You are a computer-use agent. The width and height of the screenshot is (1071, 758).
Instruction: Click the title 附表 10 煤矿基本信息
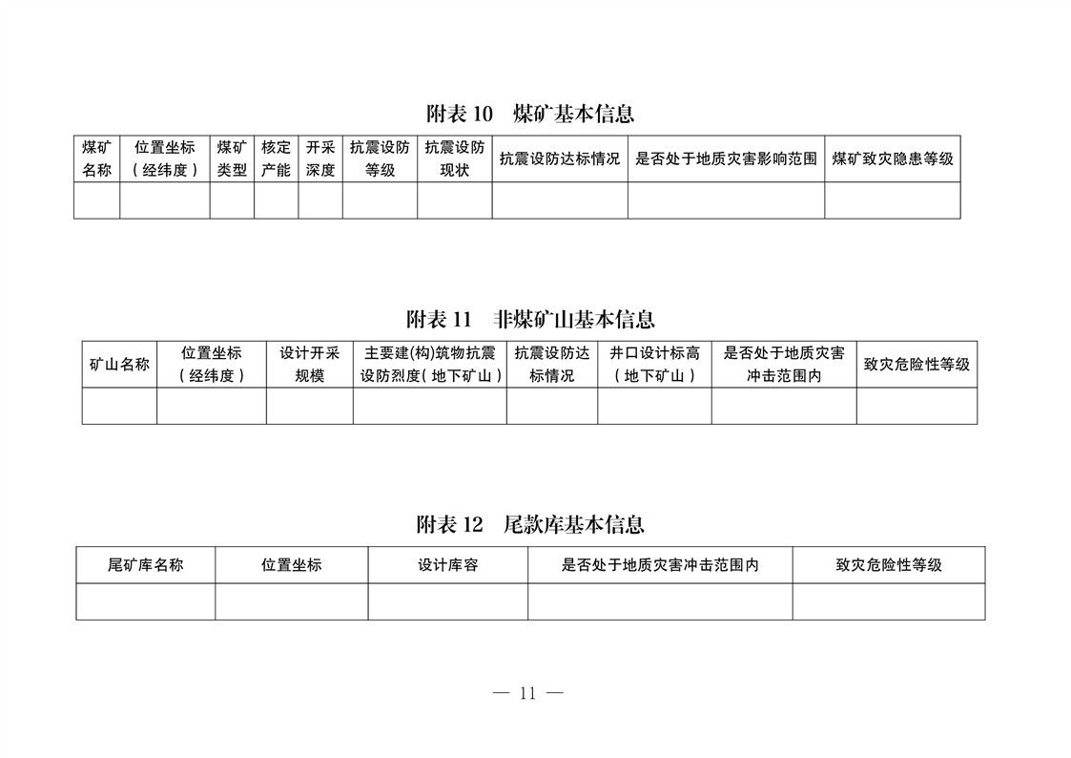pos(530,114)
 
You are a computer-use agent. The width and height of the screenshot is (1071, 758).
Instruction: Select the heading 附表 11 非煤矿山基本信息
pos(530,319)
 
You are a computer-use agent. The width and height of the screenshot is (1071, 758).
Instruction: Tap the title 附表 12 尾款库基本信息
pos(530,524)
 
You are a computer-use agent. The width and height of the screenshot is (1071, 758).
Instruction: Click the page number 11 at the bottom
pos(527,693)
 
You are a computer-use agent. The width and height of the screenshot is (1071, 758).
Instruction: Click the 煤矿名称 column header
pos(96,158)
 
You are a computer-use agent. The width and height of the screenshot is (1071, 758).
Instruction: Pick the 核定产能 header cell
pos(276,158)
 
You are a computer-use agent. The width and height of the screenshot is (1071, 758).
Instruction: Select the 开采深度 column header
pos(320,158)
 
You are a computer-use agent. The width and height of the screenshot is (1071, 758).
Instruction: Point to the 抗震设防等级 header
pos(380,158)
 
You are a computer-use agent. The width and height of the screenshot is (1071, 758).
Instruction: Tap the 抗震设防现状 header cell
pos(455,158)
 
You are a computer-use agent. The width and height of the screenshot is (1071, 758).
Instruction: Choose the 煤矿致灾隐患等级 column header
pos(893,158)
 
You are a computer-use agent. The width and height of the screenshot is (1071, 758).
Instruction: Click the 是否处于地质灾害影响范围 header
pos(726,158)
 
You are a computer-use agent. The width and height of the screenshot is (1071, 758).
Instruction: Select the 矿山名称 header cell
pos(119,365)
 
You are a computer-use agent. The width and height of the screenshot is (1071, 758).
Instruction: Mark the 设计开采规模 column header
pos(309,365)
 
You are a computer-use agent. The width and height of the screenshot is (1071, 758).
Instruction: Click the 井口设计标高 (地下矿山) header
pos(654,365)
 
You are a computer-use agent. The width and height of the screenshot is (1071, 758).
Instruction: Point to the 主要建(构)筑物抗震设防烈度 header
pos(429,365)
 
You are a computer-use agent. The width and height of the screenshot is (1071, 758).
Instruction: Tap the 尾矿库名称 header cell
pos(146,564)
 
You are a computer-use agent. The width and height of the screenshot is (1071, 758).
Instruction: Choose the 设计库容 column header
pos(448,564)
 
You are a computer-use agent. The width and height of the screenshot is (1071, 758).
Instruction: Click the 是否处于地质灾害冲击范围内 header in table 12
pos(660,564)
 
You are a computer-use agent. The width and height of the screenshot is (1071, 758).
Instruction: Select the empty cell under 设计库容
pos(448,601)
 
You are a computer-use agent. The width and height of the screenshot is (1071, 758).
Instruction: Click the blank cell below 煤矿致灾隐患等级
pos(893,200)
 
